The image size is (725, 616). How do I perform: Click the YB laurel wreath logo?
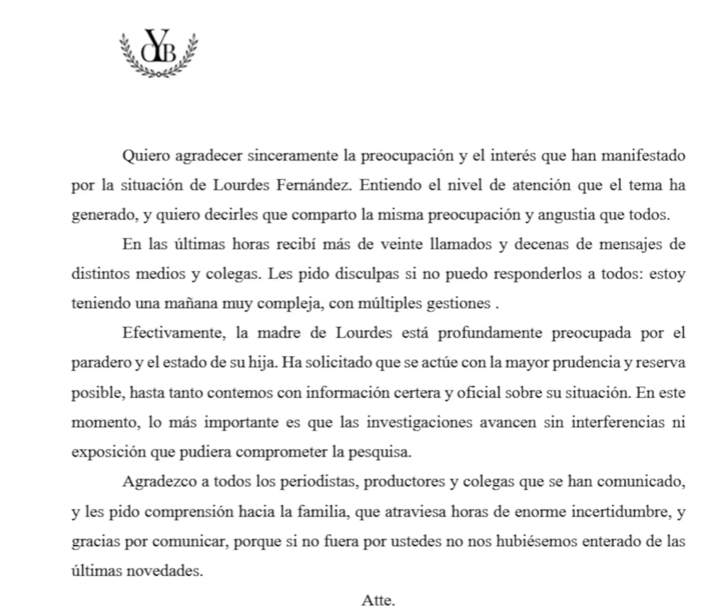[x=159, y=52]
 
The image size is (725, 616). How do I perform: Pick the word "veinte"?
[x=401, y=245]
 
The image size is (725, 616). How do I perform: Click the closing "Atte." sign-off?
[x=378, y=600]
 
